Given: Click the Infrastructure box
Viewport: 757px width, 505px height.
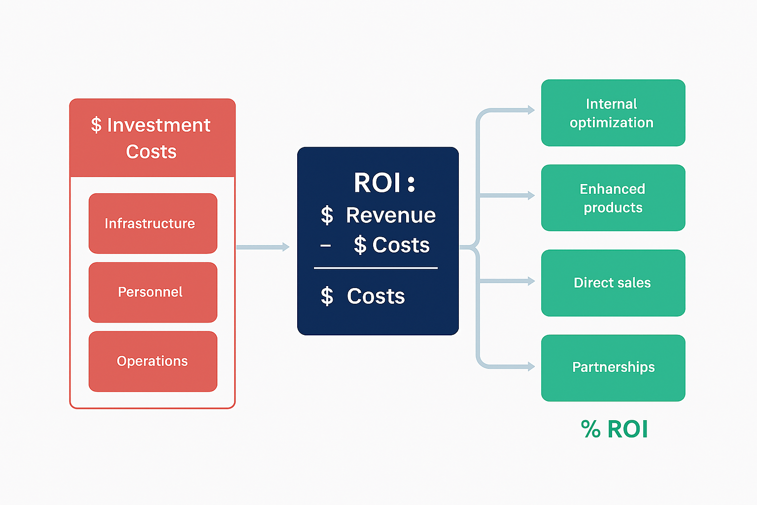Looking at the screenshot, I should (x=153, y=223).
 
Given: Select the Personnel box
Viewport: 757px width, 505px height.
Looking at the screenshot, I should (x=153, y=292).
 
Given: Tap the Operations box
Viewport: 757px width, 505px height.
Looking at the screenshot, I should (x=153, y=361).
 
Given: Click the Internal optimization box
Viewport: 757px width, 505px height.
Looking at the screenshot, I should (x=613, y=113).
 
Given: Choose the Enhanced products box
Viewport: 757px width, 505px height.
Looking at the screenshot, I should (x=613, y=198).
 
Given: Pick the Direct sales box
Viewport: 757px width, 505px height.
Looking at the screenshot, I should (x=613, y=283).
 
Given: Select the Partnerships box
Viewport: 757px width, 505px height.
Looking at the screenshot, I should (x=613, y=367).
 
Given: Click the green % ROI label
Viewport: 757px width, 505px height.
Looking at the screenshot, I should (x=614, y=429).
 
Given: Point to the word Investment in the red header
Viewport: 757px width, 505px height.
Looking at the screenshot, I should (x=159, y=125).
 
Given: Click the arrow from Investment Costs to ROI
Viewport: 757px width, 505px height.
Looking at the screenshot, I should (x=262, y=247).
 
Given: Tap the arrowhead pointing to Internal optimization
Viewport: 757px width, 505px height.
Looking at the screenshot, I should (x=531, y=110).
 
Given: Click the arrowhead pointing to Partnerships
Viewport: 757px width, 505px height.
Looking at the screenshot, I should (x=531, y=366).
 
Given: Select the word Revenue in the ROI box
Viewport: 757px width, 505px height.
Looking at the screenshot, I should (x=391, y=216).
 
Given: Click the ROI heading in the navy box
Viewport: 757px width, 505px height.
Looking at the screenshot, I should (x=378, y=183).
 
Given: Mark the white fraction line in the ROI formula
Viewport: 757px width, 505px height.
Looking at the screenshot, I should (x=376, y=268).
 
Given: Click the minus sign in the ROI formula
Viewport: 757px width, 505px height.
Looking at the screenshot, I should (x=325, y=246).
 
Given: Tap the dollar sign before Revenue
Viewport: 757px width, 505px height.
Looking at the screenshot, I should (x=327, y=216).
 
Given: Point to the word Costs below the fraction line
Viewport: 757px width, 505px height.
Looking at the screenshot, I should (x=376, y=296).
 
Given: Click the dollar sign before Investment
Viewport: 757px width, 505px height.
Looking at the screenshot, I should (x=96, y=125).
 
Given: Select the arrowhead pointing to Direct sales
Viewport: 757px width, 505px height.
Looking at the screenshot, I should (x=531, y=281).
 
